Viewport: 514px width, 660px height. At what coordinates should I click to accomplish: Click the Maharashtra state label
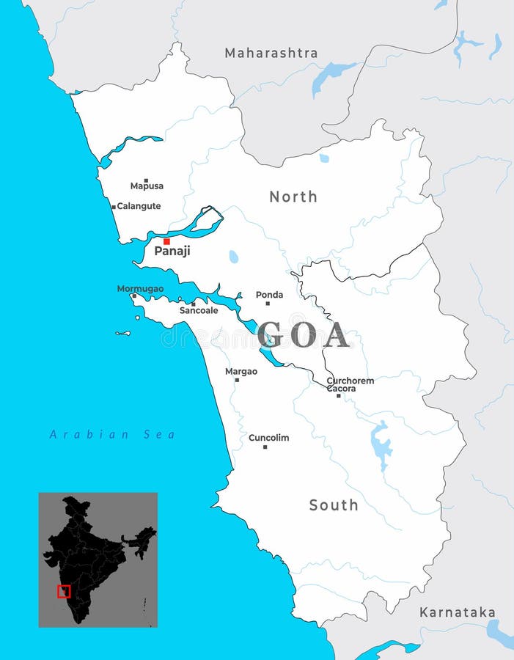[271, 53]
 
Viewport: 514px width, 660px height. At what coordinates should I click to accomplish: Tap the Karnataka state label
[457, 612]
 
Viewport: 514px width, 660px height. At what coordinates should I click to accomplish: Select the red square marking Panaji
[166, 241]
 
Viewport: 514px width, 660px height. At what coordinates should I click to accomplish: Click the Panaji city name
[172, 252]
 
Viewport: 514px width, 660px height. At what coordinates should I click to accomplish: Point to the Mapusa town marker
[146, 180]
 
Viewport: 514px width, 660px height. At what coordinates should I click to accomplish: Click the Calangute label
[139, 206]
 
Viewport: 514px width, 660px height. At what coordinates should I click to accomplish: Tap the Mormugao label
[141, 289]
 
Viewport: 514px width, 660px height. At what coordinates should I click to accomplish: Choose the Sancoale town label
[199, 311]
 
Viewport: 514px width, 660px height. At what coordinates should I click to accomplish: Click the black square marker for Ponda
[268, 303]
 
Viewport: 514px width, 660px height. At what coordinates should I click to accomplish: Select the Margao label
[241, 372]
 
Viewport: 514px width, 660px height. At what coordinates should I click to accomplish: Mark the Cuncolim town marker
[265, 447]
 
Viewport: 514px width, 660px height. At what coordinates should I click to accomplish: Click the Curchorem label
[350, 381]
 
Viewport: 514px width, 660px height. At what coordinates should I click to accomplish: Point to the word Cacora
[341, 389]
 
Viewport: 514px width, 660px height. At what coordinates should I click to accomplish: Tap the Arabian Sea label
[112, 434]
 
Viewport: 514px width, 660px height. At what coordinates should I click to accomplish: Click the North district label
[293, 197]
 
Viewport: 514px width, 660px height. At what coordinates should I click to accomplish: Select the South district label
[334, 505]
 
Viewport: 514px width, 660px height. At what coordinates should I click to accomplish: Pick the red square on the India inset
[64, 591]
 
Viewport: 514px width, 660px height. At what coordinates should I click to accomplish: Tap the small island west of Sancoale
[122, 334]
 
